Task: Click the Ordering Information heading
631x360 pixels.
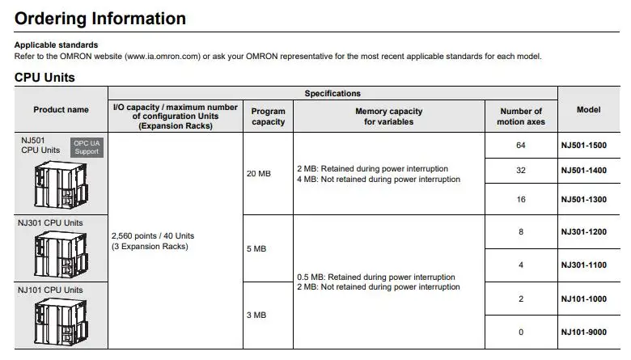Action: (100, 18)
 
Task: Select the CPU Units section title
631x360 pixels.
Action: (45, 78)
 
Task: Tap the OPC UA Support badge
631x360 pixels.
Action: (87, 146)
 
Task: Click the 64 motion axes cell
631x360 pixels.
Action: (520, 146)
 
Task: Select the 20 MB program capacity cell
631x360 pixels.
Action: (259, 174)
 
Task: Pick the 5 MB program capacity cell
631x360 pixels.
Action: (256, 248)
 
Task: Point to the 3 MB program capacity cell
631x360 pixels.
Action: (256, 315)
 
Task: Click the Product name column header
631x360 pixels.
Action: (61, 109)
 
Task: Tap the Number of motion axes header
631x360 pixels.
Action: (520, 116)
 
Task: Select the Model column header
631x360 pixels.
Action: (588, 109)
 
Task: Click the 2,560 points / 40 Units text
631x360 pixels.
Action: (152, 236)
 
